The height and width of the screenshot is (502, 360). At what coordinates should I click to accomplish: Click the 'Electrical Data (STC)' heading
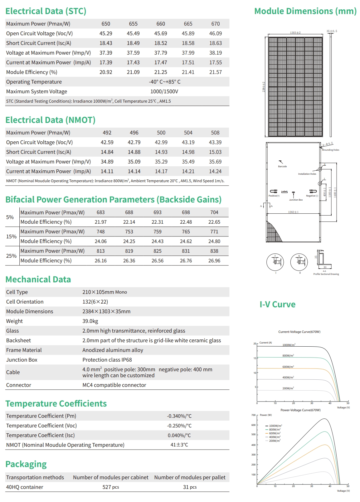click(46, 11)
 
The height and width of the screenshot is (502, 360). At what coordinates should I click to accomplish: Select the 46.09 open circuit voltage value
click(215, 33)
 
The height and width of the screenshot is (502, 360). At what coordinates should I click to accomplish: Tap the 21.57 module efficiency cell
click(215, 72)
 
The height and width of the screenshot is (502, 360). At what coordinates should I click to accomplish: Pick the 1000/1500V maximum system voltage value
click(164, 91)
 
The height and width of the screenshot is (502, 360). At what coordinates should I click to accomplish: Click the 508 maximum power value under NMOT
click(215, 133)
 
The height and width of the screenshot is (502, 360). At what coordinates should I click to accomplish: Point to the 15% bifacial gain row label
click(11, 236)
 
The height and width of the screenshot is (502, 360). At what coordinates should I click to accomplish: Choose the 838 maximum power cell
click(214, 251)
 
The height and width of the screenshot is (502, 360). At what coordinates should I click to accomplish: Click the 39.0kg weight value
click(90, 321)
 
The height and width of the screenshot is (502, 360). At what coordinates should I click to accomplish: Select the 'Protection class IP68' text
click(107, 360)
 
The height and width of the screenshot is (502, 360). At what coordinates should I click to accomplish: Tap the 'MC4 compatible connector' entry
click(114, 385)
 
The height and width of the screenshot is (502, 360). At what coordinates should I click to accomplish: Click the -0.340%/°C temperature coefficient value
click(179, 416)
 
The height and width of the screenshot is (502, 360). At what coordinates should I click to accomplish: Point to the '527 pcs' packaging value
click(111, 487)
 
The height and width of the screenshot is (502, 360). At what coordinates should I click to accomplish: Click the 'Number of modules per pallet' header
click(190, 477)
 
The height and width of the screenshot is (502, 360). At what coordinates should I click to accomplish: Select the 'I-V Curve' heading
click(277, 305)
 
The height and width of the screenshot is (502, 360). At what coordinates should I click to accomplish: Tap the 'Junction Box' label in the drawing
click(296, 200)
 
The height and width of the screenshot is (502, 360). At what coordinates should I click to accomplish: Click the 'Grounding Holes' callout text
click(330, 150)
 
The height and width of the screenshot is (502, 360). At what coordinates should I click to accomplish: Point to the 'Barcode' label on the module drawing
click(282, 166)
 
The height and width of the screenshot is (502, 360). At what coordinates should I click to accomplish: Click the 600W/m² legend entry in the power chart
click(275, 433)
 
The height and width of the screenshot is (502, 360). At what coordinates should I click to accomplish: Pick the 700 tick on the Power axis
click(253, 415)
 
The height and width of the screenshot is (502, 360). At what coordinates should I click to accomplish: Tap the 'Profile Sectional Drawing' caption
click(326, 274)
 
